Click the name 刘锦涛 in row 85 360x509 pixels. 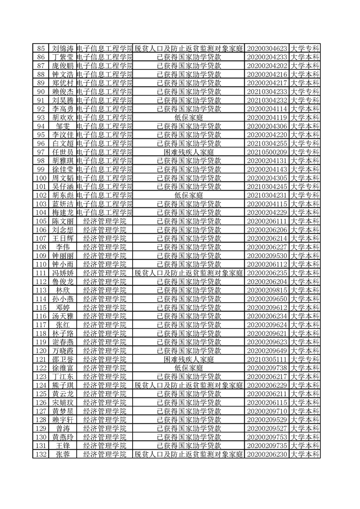point(62,49)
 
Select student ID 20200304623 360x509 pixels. point(268,49)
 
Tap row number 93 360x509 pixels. point(41,117)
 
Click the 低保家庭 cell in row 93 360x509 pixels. point(189,117)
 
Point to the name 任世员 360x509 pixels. point(62,152)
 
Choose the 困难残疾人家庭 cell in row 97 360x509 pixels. point(189,152)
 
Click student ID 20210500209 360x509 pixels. point(268,152)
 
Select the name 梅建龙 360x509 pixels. point(62,212)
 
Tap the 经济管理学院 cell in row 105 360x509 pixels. point(105,221)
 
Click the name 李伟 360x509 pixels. point(62,247)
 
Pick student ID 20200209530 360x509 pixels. point(268,255)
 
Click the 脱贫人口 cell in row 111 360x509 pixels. point(189,273)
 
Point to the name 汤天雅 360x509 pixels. point(62,316)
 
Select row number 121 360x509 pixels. point(41,359)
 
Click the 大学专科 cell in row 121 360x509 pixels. point(306,359)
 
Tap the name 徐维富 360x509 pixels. point(62,367)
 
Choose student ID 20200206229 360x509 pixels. point(268,385)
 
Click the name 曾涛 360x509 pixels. point(62,428)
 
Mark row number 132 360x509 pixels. point(41,454)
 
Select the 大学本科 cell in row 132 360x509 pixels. point(306,454)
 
